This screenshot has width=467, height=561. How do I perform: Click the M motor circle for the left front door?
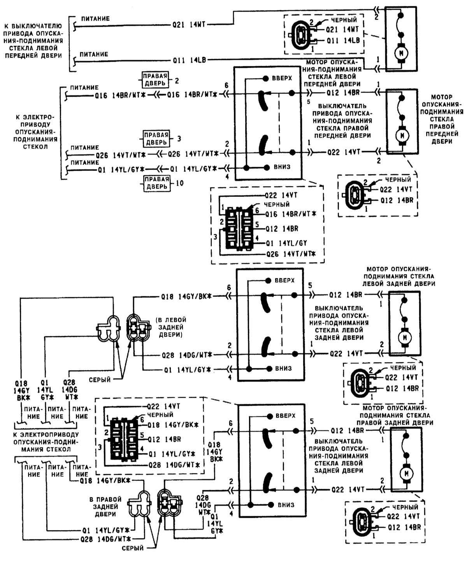(401, 52)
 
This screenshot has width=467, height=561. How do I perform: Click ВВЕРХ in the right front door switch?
(283, 78)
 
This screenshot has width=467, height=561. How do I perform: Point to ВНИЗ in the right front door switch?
(283, 167)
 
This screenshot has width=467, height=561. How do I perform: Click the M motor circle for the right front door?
(401, 136)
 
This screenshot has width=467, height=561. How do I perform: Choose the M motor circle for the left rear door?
(405, 336)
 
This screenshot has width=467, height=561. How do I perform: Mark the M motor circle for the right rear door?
(407, 473)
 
